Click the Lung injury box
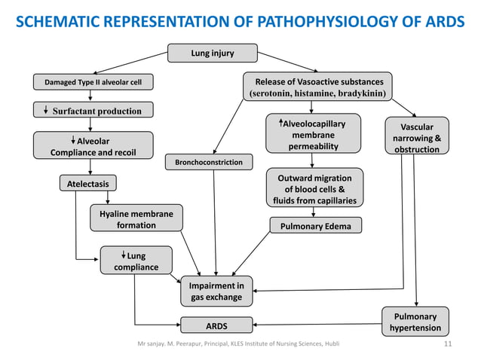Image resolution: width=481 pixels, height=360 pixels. [213, 53]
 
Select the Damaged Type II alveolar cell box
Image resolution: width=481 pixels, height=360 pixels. [93, 82]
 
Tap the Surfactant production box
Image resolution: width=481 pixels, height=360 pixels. [93, 110]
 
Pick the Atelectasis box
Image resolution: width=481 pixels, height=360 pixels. [88, 183]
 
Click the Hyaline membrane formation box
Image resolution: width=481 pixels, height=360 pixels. [136, 218]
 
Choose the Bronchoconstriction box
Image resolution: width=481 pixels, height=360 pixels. [209, 162]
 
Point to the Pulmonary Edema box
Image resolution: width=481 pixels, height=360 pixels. [316, 225]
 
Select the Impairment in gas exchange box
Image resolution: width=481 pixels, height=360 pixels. [216, 291]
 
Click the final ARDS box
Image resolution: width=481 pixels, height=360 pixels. [216, 325]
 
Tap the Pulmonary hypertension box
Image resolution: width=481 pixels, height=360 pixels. [415, 322]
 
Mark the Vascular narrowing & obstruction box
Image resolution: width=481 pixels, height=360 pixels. [417, 136]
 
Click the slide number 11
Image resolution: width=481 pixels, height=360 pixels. [448, 343]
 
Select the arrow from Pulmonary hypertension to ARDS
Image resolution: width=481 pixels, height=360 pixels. [317, 324]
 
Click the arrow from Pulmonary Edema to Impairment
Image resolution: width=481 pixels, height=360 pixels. [251, 254]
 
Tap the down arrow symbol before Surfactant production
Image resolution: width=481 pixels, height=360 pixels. [46, 110]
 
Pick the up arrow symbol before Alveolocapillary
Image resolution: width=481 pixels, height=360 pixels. [280, 123]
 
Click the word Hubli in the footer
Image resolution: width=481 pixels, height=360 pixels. [332, 343]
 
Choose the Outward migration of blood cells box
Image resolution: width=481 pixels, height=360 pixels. [314, 188]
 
